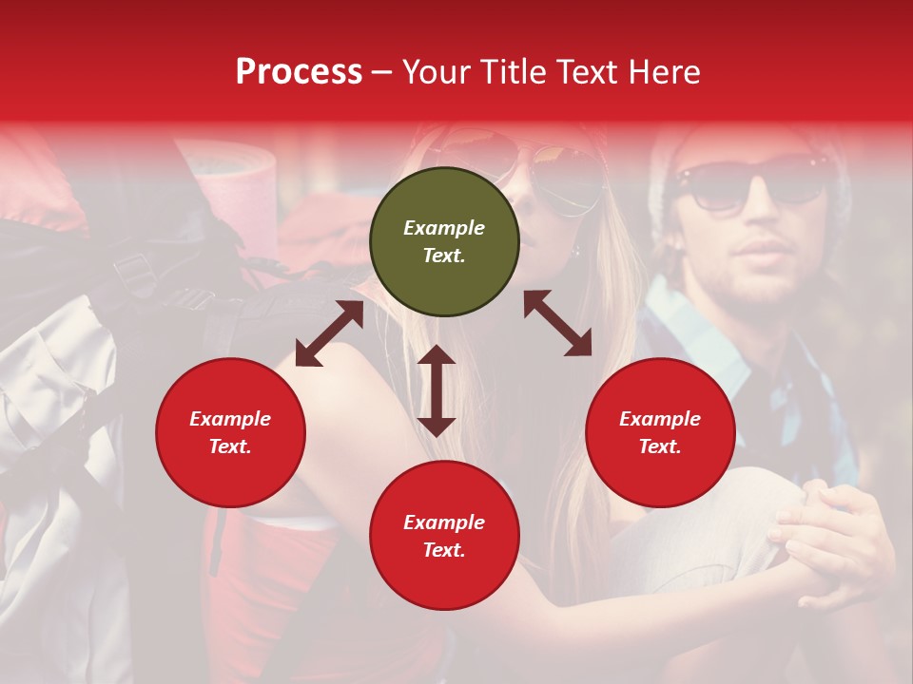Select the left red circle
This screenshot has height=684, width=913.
tap(230, 432)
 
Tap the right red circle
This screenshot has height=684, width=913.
tap(660, 432)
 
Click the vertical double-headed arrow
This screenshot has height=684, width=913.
tap(437, 390)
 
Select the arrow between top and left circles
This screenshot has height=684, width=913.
tap(329, 333)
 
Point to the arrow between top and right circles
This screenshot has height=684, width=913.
tap(557, 323)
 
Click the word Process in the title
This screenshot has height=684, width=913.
tap(299, 72)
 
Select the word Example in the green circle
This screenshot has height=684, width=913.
tap(444, 228)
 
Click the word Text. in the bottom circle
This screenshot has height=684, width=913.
tap(444, 550)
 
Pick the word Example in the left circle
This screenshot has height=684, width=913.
tap(230, 419)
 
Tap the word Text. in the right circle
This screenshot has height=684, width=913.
tap(660, 446)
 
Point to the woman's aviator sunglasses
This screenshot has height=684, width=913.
tap(561, 171)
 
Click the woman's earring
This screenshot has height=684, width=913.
tap(575, 251)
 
